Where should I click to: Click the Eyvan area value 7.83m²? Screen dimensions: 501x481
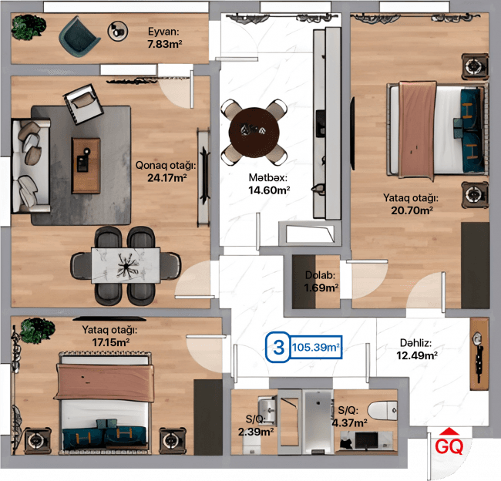pyautogui.click(x=164, y=44)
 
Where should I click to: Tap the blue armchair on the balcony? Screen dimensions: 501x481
pyautogui.click(x=79, y=36)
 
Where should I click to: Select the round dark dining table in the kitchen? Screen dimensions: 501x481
pyautogui.click(x=254, y=133)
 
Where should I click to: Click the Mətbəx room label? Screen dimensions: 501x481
pyautogui.click(x=268, y=177)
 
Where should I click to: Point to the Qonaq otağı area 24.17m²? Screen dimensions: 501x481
pyautogui.click(x=166, y=178)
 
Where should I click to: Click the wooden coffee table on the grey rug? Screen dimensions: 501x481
pyautogui.click(x=86, y=166)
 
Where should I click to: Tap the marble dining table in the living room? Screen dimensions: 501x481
pyautogui.click(x=126, y=265)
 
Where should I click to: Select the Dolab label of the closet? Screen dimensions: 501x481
pyautogui.click(x=320, y=275)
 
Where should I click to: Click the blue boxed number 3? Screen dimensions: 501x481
pyautogui.click(x=278, y=347)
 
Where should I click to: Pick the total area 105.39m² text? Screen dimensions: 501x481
pyautogui.click(x=316, y=347)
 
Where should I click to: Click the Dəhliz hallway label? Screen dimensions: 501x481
pyautogui.click(x=415, y=343)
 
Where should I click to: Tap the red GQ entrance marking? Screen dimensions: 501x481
pyautogui.click(x=449, y=446)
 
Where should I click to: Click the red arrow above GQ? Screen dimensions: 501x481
pyautogui.click(x=449, y=432)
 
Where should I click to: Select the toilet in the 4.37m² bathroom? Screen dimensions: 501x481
pyautogui.click(x=382, y=411)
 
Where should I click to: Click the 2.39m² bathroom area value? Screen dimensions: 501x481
pyautogui.click(x=256, y=432)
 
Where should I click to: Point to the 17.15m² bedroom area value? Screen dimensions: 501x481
pyautogui.click(x=110, y=342)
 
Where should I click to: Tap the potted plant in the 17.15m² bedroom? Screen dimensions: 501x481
pyautogui.click(x=38, y=330)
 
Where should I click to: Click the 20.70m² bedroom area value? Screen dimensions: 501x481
pyautogui.click(x=412, y=210)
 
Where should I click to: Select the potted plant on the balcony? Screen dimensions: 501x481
pyautogui.click(x=29, y=27)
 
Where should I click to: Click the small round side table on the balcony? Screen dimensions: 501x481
pyautogui.click(x=118, y=32)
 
